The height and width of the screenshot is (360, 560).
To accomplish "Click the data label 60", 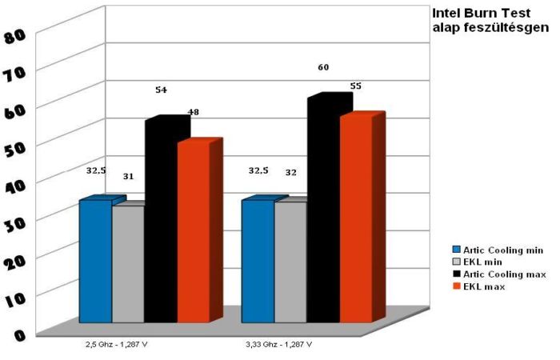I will click(x=323, y=68).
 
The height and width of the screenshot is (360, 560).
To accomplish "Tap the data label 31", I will click(x=127, y=176).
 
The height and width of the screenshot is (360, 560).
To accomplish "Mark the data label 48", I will click(x=193, y=113).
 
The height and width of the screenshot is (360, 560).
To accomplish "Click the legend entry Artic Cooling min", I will click(x=504, y=250).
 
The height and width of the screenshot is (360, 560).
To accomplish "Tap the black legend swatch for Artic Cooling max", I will click(x=457, y=274).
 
